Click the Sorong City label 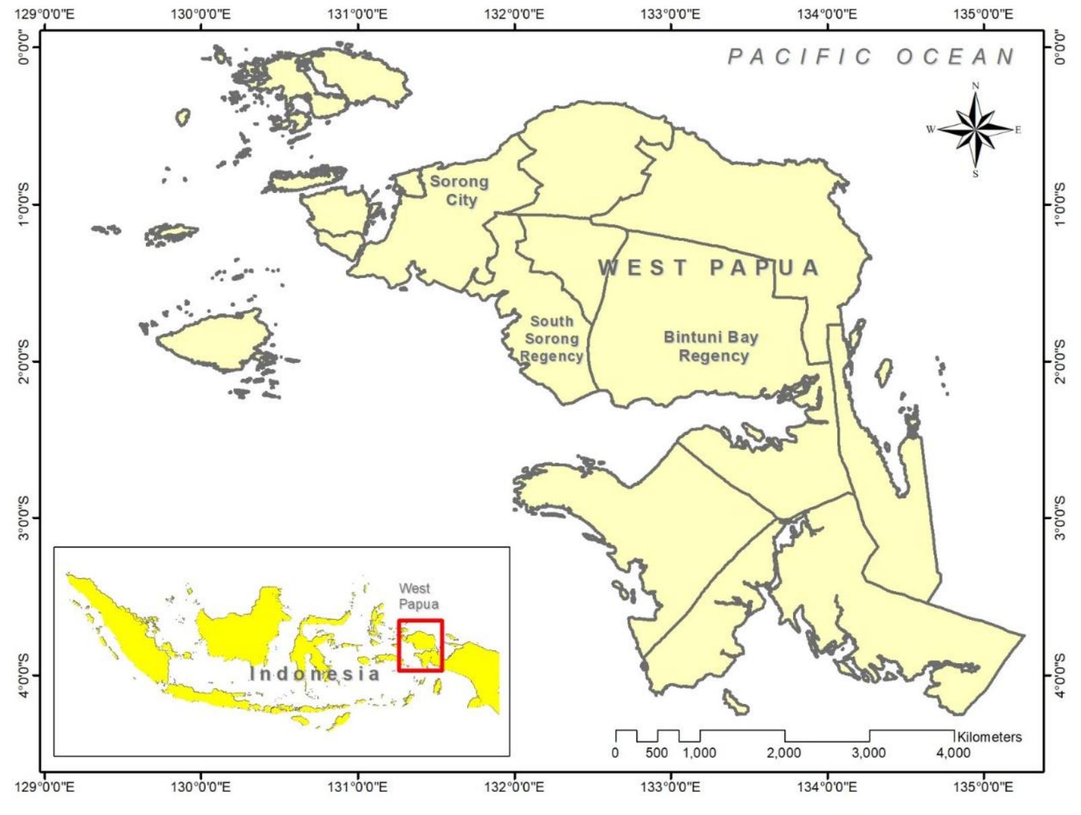pos(460,190)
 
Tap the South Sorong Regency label pos(552,339)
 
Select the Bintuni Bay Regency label pos(711,346)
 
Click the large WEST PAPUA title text pos(709,268)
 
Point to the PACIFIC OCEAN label pos(871,56)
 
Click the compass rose pos(975,129)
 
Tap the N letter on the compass pos(975,86)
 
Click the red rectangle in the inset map pos(420,645)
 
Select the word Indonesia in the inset pos(315,673)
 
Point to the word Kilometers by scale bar pos(989,737)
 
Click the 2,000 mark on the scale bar pos(784,752)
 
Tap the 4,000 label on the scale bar pos(953,752)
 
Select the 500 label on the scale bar pos(657,752)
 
